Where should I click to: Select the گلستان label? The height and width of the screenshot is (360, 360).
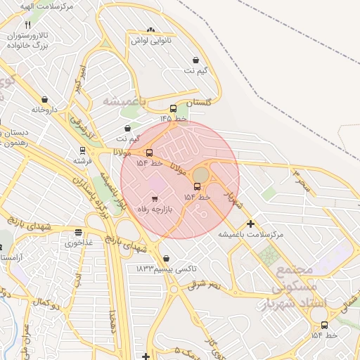(x=199, y=103)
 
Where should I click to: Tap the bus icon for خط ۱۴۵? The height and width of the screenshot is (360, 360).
(x=174, y=108)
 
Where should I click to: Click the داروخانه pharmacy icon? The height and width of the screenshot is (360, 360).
(x=45, y=100)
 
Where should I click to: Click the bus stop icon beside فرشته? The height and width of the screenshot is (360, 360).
(x=83, y=150)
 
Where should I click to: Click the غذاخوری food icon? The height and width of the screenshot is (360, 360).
(x=78, y=232)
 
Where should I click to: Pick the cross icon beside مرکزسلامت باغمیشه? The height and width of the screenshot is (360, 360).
(x=250, y=224)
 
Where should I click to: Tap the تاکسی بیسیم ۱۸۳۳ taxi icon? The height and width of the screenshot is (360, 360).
(x=166, y=258)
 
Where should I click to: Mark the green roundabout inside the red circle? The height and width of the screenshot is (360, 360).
(x=201, y=174)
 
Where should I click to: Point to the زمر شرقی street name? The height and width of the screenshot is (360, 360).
(x=204, y=285)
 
